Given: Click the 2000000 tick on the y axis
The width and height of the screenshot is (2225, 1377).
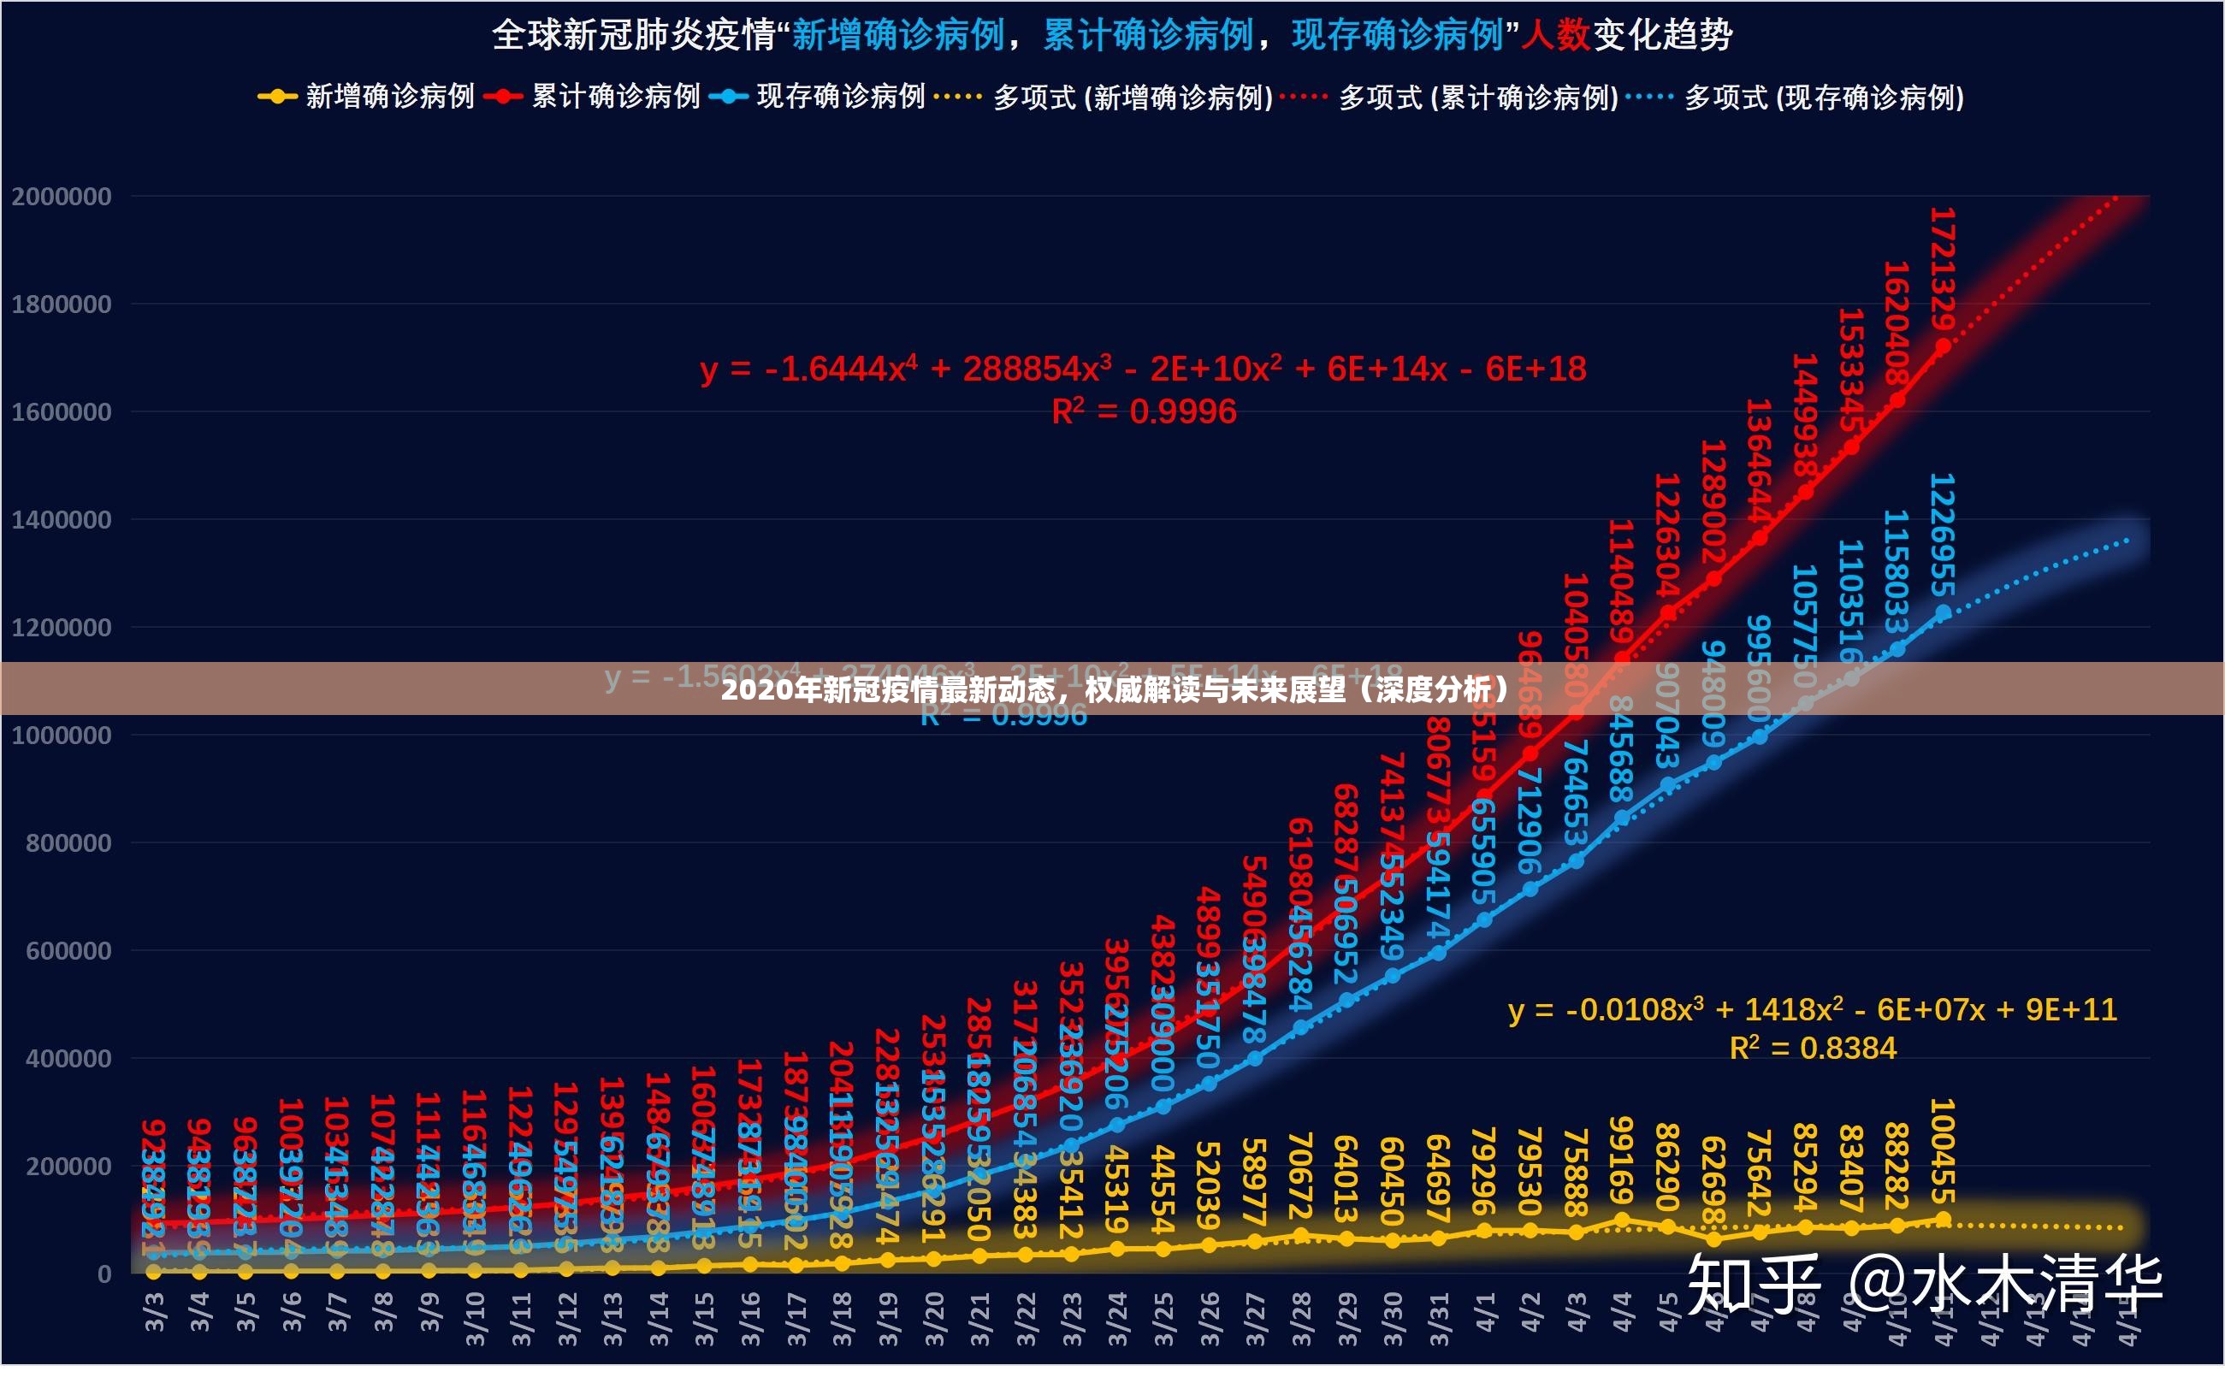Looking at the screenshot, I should tap(61, 197).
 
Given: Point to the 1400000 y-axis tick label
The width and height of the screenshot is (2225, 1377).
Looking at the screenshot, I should tap(61, 520).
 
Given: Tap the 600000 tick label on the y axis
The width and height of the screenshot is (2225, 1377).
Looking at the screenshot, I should tap(68, 951).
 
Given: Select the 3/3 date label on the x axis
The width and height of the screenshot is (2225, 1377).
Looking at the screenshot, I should tap(155, 1312).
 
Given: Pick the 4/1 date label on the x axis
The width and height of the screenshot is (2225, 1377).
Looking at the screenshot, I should tap(1484, 1312).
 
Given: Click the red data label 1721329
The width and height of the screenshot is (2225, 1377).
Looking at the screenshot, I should tap(1942, 269).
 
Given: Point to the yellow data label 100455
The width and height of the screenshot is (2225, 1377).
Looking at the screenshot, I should tap(1942, 1152).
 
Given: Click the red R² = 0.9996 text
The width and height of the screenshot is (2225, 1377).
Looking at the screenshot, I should tap(1144, 411).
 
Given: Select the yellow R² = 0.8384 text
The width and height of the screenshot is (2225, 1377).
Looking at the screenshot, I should tap(1813, 1049).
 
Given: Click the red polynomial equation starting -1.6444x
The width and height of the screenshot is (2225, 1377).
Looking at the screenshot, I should tap(1143, 369).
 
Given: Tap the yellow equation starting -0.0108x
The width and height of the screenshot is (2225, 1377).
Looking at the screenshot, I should tap(1813, 1010).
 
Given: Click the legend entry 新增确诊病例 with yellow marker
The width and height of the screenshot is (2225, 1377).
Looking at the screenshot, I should tap(368, 97).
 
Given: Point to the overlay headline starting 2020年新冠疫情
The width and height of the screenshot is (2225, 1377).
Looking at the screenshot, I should tap(1113, 689).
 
